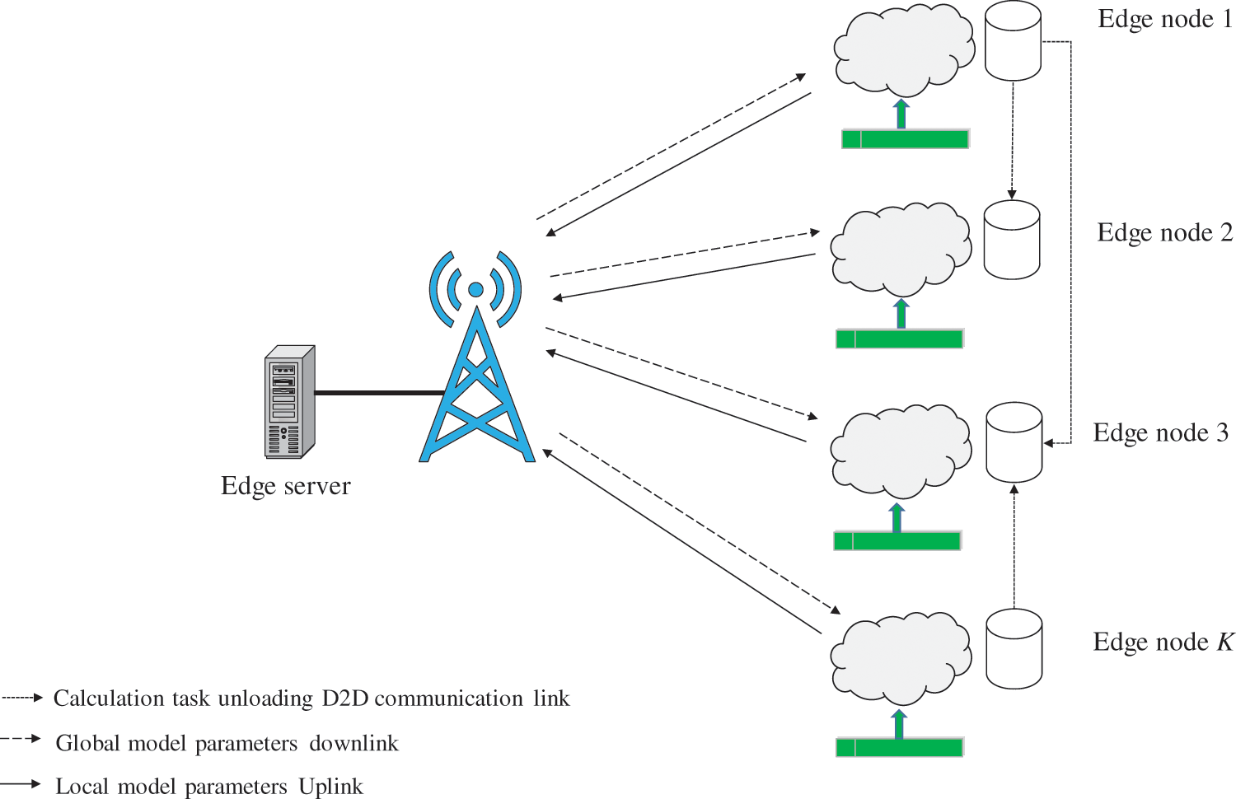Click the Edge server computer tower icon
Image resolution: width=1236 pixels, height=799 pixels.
(x=289, y=402)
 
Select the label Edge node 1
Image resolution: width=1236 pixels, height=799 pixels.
(x=1164, y=19)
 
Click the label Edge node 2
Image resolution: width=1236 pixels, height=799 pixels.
(x=1164, y=233)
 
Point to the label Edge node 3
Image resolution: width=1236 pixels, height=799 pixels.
(x=1160, y=433)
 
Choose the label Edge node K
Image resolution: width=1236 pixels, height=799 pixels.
(x=1163, y=642)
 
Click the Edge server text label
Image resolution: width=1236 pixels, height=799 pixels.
(x=285, y=486)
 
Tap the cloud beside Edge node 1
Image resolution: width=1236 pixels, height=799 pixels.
(x=903, y=49)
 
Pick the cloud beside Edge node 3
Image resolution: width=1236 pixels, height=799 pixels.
(x=901, y=450)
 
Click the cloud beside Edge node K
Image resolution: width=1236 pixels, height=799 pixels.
(x=901, y=656)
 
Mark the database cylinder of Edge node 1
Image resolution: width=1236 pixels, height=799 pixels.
(x=1014, y=41)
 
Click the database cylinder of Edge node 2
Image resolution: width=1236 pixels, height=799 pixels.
(x=1012, y=240)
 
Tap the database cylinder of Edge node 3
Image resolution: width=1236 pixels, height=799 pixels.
(x=1014, y=442)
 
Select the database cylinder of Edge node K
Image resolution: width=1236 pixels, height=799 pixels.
(x=1014, y=649)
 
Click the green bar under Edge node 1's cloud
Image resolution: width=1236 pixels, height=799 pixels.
(x=905, y=139)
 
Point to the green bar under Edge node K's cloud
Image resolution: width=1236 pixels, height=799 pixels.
(x=900, y=748)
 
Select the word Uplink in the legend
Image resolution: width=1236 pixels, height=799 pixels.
(x=330, y=787)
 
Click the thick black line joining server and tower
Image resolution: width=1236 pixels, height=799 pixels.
(x=379, y=393)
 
